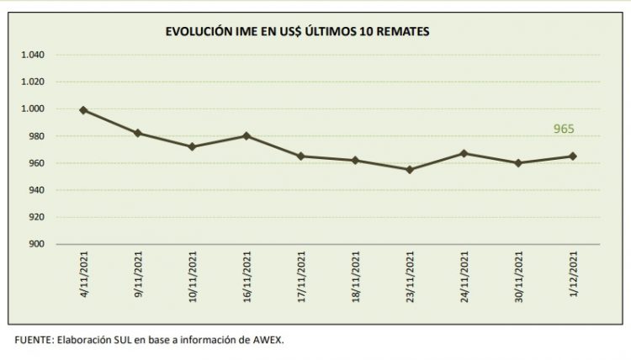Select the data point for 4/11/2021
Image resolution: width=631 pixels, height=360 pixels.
click(83, 110)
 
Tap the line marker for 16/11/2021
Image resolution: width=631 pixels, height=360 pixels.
click(247, 135)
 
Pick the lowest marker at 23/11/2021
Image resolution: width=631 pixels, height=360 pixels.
click(410, 170)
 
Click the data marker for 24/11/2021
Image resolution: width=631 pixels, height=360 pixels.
click(464, 153)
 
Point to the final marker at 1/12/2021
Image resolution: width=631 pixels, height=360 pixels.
click(573, 156)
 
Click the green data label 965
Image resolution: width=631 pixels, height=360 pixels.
click(564, 130)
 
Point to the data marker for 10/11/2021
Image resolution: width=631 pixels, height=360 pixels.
click(192, 146)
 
